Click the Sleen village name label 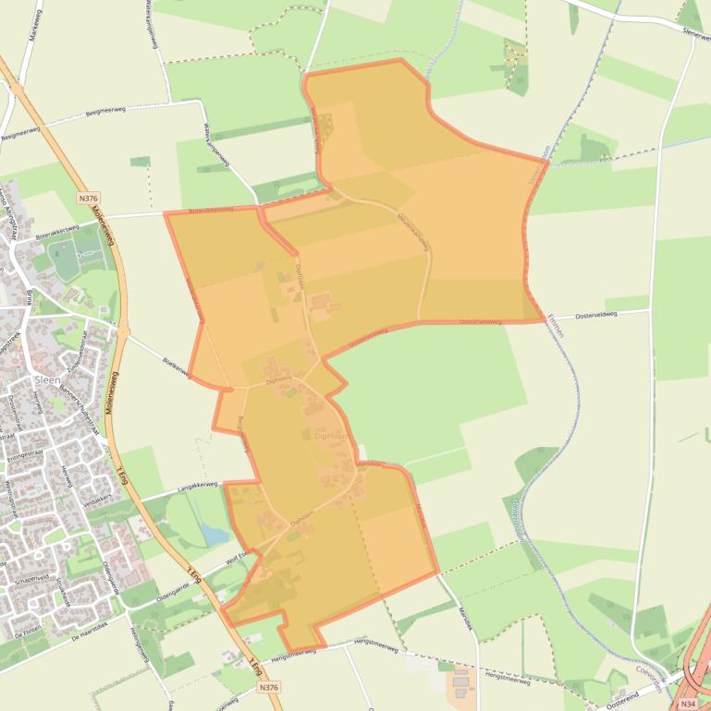(x=46, y=380)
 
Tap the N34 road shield (x=686, y=703)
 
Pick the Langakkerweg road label (x=197, y=485)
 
